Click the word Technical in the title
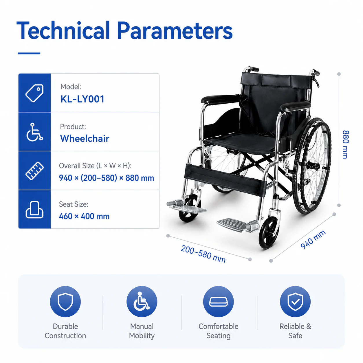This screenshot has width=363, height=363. point(63,30)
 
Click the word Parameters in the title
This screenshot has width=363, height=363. point(175,30)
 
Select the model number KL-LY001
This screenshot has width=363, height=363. point(82,99)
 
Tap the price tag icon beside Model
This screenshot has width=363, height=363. point(34,93)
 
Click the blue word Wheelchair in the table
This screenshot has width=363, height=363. point(85,139)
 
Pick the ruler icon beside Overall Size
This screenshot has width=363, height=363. point(34,171)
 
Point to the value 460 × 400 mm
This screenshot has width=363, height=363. point(84,216)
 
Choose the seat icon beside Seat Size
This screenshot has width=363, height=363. point(34,210)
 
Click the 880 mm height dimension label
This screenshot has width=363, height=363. point(346,144)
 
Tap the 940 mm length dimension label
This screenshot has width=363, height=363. point(313,240)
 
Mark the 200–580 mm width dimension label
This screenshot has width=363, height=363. point(203,254)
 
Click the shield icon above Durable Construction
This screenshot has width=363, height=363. point(65,302)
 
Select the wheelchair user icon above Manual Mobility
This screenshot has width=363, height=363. point(142,302)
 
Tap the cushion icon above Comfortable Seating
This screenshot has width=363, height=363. point(218,302)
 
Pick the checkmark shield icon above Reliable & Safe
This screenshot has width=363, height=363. point(295,302)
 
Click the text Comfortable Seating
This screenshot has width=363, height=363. point(218,331)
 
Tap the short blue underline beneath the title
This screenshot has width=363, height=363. point(29,53)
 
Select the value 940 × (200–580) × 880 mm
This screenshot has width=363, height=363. point(107,178)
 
